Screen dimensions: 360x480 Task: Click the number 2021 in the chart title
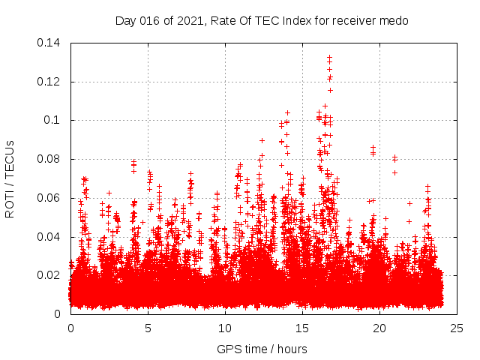click(x=184, y=21)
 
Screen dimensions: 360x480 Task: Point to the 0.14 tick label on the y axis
click(x=51, y=43)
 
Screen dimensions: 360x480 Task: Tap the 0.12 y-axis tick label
click(x=51, y=82)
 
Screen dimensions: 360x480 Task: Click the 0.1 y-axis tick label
click(x=55, y=120)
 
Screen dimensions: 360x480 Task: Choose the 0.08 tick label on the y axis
click(x=51, y=159)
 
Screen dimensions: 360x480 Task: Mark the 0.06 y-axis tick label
click(x=51, y=198)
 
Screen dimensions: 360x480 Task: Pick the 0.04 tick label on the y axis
click(x=51, y=237)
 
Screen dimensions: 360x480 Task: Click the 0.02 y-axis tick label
click(x=51, y=275)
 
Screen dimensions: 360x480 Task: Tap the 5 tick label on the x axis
click(x=148, y=328)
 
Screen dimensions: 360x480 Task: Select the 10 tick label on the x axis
click(x=225, y=328)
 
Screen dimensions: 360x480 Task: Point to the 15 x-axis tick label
click(x=302, y=328)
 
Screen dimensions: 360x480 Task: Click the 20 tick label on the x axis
click(x=379, y=328)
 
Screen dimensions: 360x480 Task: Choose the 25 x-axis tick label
click(x=457, y=328)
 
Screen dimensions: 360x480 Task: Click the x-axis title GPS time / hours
click(x=262, y=349)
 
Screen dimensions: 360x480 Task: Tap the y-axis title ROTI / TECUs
click(x=10, y=178)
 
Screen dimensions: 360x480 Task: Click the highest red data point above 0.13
click(x=329, y=57)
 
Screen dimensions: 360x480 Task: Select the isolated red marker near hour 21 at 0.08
click(x=394, y=158)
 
